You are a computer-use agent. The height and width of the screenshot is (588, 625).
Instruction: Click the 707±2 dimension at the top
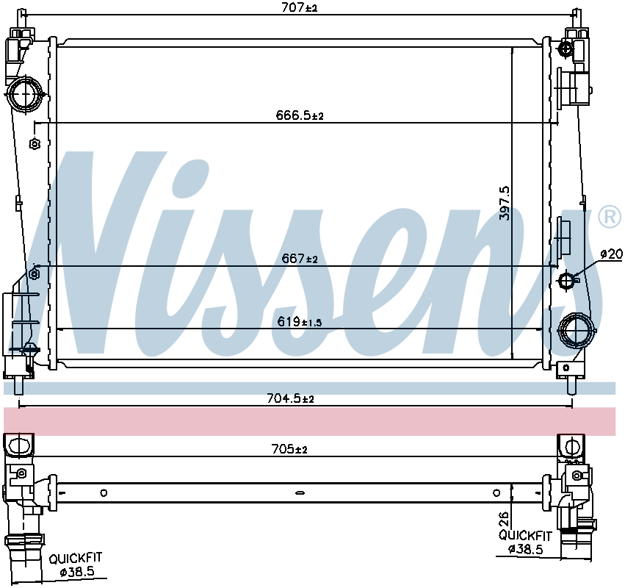click(300, 7)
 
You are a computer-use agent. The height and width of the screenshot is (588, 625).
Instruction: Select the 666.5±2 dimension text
click(300, 115)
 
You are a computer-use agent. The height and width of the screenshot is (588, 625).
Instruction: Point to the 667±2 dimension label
click(300, 259)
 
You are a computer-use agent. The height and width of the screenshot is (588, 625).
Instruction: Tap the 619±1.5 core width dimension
click(300, 321)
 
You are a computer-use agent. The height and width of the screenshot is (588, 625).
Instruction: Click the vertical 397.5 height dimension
click(505, 203)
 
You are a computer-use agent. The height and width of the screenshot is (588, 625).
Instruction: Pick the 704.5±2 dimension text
click(290, 398)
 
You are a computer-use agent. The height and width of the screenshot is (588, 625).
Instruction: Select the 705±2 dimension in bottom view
click(289, 449)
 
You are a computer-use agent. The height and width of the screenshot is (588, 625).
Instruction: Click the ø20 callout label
click(612, 254)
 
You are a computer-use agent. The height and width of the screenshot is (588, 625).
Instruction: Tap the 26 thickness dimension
click(505, 519)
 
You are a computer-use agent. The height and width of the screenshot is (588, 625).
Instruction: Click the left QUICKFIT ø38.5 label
click(76, 564)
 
